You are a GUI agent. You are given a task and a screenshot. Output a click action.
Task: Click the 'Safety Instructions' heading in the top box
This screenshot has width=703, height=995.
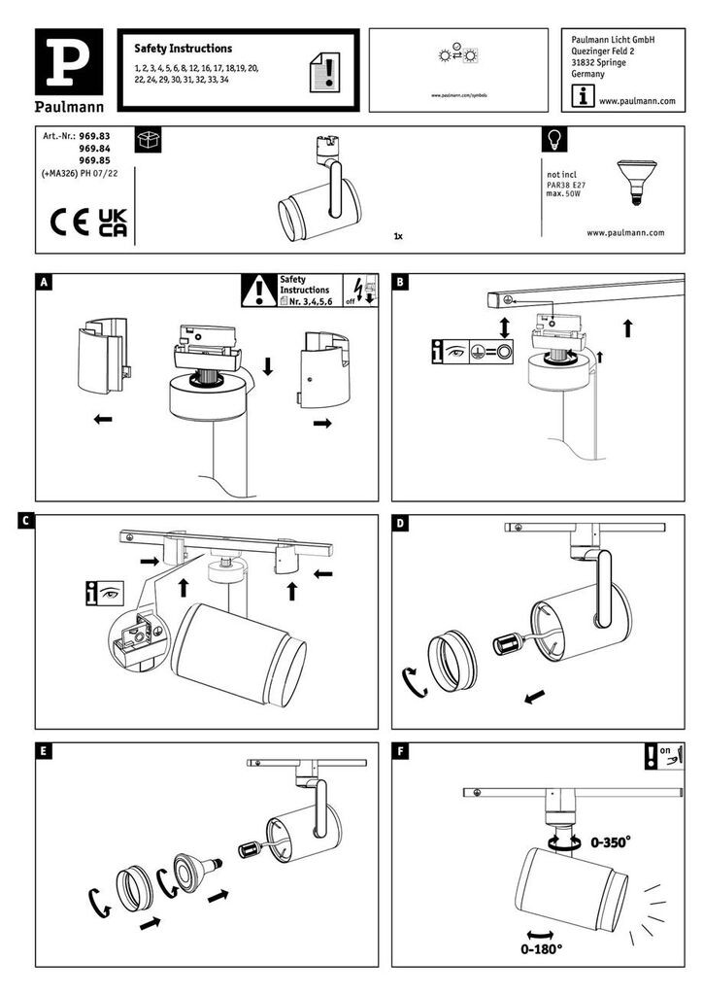coord(183,48)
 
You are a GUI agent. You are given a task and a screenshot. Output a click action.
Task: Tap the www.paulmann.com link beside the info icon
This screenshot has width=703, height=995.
coord(636,100)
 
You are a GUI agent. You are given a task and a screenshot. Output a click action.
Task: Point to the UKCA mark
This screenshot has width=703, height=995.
coord(113,222)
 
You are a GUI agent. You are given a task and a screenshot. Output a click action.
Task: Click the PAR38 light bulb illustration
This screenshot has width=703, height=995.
coord(636,182)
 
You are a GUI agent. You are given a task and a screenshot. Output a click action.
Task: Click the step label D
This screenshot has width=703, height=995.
coord(401,523)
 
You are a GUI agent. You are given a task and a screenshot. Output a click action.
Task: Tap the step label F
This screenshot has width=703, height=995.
coord(401,751)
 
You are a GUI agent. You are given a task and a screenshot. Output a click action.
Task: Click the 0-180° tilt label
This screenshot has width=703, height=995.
coord(542,947)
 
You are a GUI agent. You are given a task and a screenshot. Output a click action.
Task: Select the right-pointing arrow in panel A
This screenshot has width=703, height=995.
coord(320,424)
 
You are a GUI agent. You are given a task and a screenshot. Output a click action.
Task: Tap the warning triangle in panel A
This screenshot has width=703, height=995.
coord(258,289)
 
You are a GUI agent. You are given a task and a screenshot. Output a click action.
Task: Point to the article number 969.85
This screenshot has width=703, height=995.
coord(94,160)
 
